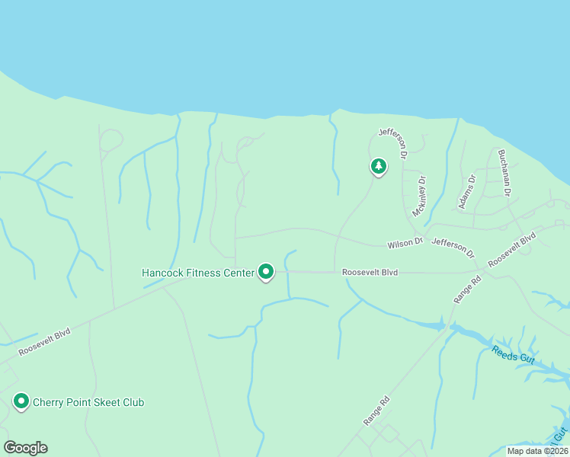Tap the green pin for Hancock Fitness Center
pos(266,270)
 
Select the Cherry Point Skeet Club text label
pos(88,402)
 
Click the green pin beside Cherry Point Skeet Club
pos(21,401)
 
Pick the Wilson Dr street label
pos(405,243)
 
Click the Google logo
pos(25,448)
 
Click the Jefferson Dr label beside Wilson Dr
pos(453,248)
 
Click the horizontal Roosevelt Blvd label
pos(370,271)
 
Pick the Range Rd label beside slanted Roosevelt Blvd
pos(467,290)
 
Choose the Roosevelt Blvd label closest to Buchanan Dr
pos(512,249)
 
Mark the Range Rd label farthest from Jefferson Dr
pos(376,411)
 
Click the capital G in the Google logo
pos(11,448)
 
